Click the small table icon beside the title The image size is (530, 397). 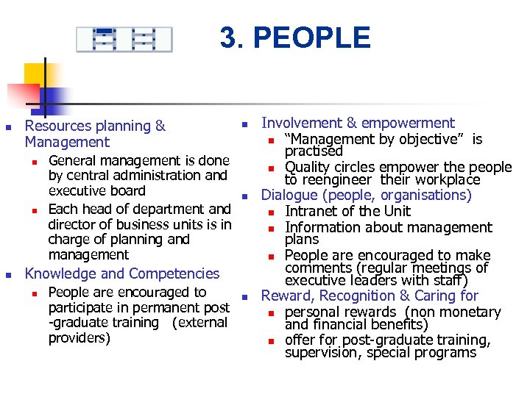pos(124,39)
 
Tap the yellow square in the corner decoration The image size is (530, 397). pos(37,74)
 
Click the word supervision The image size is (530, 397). pos(317,353)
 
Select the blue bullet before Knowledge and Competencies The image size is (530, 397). pos(10,274)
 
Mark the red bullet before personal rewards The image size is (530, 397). pos(271,312)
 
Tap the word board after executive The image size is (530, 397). pos(128,191)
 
